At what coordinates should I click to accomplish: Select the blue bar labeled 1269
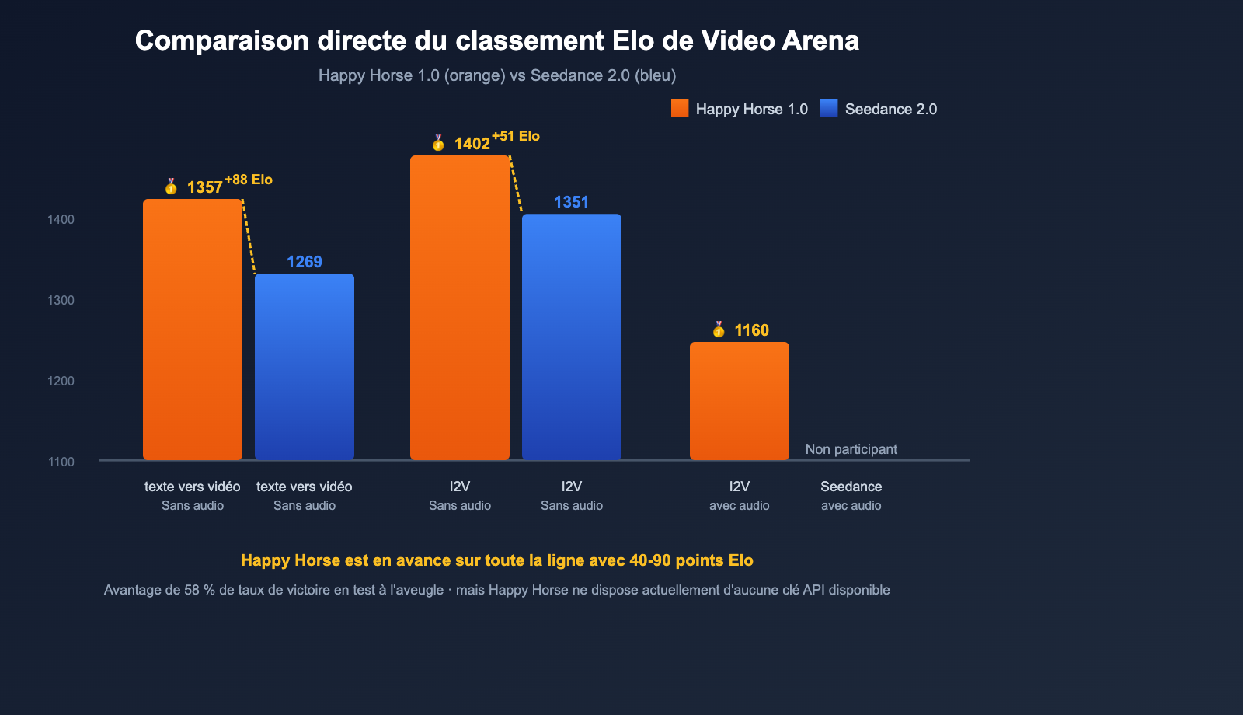point(304,366)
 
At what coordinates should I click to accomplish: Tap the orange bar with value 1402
point(459,307)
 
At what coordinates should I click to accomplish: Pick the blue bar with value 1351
point(571,337)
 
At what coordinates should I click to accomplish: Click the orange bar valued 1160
point(739,400)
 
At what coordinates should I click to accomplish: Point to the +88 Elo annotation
point(249,180)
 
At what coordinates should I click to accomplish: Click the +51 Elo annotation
point(516,136)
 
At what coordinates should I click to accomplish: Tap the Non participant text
point(851,449)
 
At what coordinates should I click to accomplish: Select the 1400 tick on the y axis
point(61,219)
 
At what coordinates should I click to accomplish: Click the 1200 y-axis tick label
point(61,381)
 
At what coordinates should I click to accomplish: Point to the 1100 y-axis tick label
point(61,462)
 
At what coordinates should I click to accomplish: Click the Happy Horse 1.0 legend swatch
point(680,109)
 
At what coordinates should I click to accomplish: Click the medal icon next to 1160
point(719,330)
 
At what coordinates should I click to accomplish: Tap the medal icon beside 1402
point(438,143)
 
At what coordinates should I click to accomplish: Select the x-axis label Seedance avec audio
point(851,495)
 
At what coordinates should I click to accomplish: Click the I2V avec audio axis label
point(739,495)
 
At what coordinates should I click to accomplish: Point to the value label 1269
point(304,262)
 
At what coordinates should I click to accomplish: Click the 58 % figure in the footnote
point(199,590)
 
